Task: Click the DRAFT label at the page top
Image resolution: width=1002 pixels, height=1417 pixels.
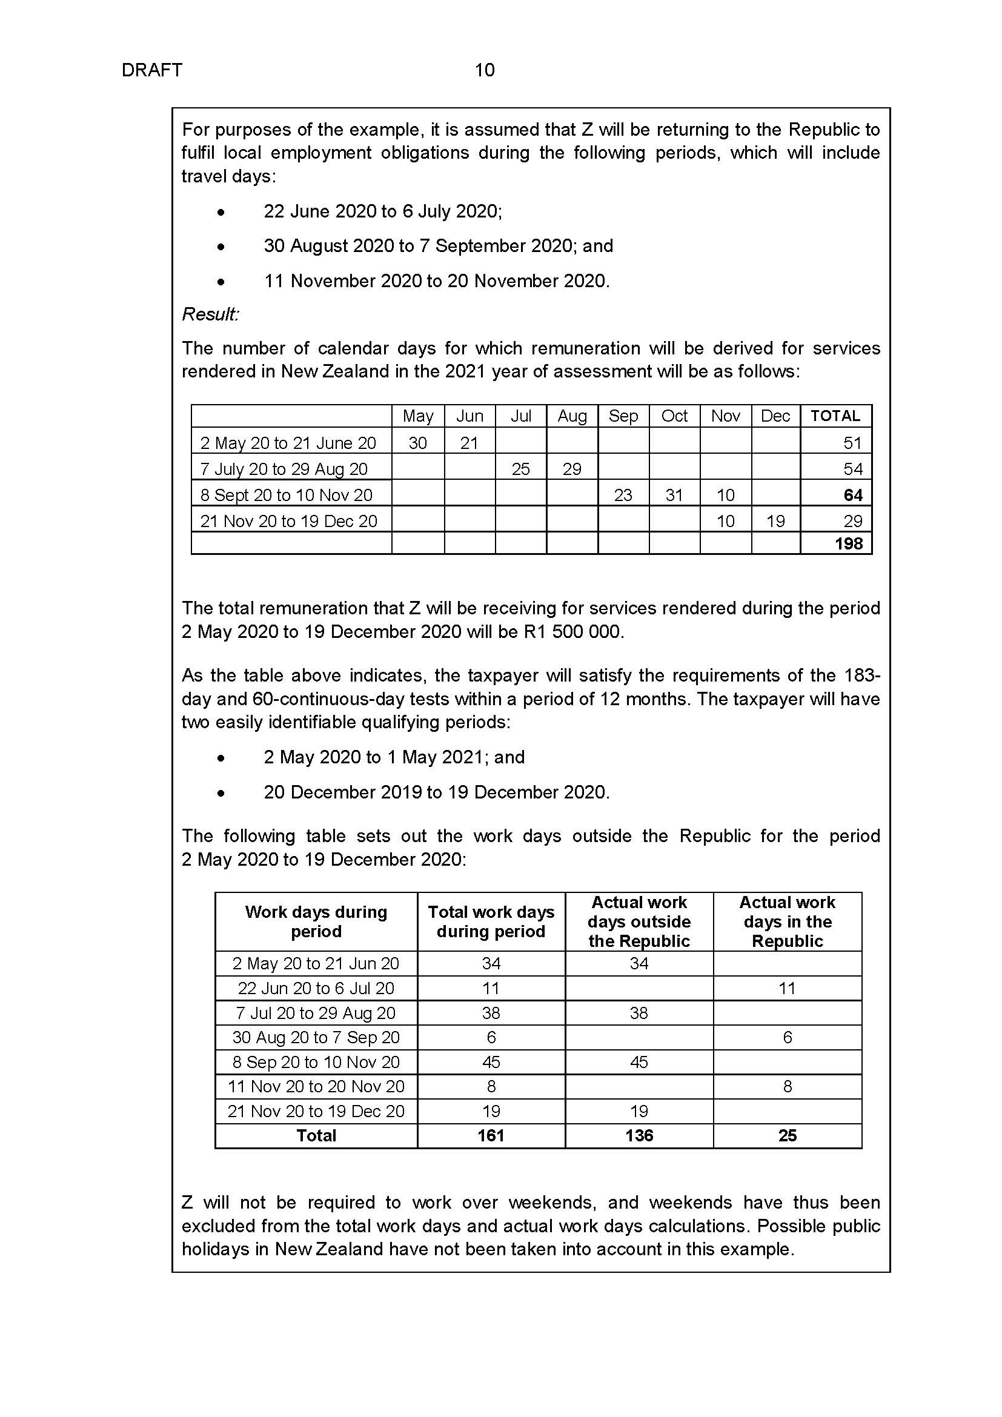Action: pyautogui.click(x=152, y=70)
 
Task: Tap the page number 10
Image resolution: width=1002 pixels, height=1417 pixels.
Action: pyautogui.click(x=485, y=70)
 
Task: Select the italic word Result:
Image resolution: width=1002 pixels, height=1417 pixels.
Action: pyautogui.click(x=210, y=314)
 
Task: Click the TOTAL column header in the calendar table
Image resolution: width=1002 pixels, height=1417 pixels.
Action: pyautogui.click(x=835, y=416)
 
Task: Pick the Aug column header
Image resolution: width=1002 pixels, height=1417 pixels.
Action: pyautogui.click(x=572, y=416)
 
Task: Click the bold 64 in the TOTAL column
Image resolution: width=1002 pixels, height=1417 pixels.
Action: pyautogui.click(x=853, y=495)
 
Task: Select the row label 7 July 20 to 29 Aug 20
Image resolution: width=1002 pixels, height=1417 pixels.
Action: pyautogui.click(x=284, y=469)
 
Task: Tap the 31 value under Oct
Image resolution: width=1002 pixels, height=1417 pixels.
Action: pyautogui.click(x=674, y=495)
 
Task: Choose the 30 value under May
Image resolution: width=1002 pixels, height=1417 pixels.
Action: pyautogui.click(x=418, y=443)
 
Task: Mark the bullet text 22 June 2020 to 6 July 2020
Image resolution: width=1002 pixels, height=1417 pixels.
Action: pyautogui.click(x=382, y=211)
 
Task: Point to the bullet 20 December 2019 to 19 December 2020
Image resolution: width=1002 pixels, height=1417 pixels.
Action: pyautogui.click(x=436, y=792)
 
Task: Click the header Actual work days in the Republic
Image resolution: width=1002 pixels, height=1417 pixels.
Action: pyautogui.click(x=788, y=922)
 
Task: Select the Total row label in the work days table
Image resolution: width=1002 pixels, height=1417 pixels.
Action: pyautogui.click(x=316, y=1135)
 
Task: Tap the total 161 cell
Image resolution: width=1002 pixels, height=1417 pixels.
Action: pyautogui.click(x=491, y=1135)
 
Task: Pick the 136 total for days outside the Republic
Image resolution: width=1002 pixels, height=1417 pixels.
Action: pyautogui.click(x=639, y=1135)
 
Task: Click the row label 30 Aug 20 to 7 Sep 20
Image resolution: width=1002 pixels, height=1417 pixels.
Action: pyautogui.click(x=316, y=1037)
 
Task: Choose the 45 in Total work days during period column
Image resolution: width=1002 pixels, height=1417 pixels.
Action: pyautogui.click(x=491, y=1062)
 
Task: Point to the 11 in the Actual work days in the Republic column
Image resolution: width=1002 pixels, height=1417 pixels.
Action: pyautogui.click(x=787, y=989)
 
